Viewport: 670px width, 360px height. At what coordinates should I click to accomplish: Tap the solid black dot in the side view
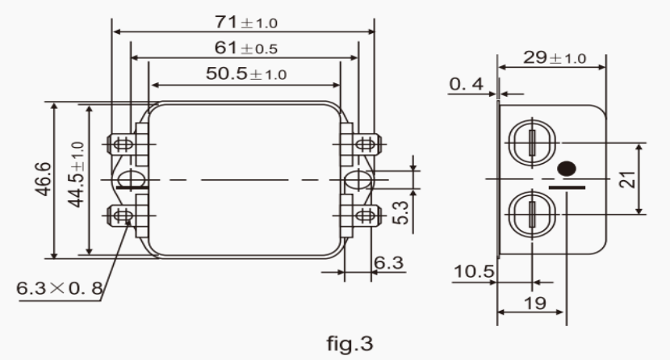[568, 170]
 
